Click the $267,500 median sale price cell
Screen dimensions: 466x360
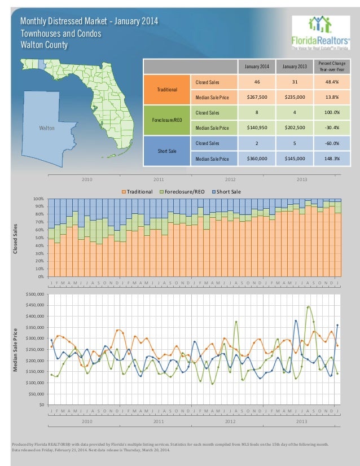pyautogui.click(x=257, y=96)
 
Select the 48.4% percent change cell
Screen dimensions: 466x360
pyautogui.click(x=328, y=82)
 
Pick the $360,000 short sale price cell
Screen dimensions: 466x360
pyautogui.click(x=257, y=159)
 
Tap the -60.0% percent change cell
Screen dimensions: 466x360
pyautogui.click(x=328, y=143)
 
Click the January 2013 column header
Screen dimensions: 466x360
pyautogui.click(x=294, y=67)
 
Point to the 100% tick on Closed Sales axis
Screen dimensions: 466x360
pyautogui.click(x=38, y=199)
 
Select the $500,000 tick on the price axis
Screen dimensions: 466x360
pyautogui.click(x=36, y=294)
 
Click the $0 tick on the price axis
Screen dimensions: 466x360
pyautogui.click(x=41, y=405)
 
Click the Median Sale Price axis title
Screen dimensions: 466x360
pyautogui.click(x=16, y=350)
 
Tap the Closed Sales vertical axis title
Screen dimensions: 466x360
pyautogui.click(x=16, y=237)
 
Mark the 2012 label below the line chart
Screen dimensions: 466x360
pyautogui.click(x=230, y=421)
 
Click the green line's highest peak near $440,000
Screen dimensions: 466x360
pyautogui.click(x=308, y=306)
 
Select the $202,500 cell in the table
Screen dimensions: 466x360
pyautogui.click(x=294, y=128)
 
